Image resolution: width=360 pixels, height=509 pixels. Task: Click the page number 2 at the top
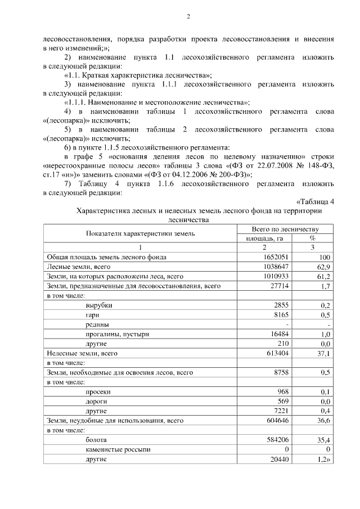[x=188, y=17]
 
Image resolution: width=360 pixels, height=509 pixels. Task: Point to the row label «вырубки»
[x=98, y=305]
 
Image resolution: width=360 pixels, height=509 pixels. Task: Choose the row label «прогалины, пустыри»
[x=117, y=334]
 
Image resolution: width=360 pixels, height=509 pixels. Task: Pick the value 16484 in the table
[x=279, y=334]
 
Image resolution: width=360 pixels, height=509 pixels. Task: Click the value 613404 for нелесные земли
[x=278, y=353]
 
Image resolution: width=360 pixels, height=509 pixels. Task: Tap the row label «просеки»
[x=98, y=391]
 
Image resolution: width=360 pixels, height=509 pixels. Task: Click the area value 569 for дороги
[x=282, y=401]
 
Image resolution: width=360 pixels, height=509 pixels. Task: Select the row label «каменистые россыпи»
[x=118, y=449]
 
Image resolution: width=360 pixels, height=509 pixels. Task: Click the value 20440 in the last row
[x=279, y=459]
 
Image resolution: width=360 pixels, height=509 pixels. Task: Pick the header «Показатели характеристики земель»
[x=140, y=233]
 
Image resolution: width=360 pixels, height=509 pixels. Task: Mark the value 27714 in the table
[x=279, y=286]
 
